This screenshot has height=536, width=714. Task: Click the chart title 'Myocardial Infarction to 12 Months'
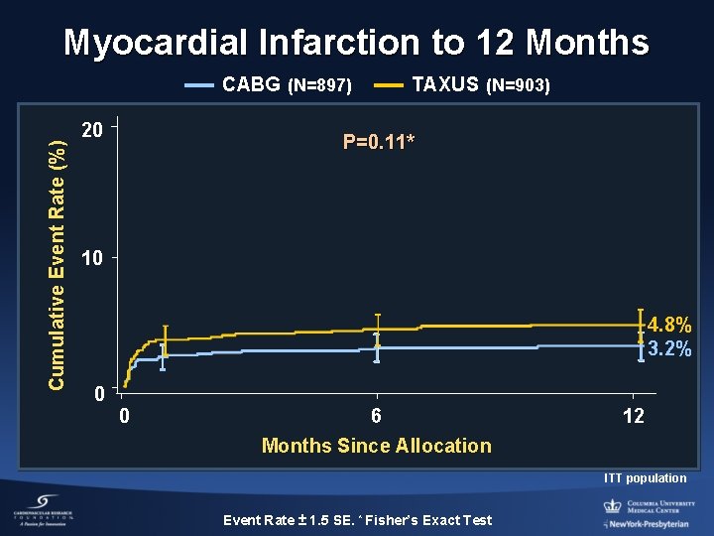356,43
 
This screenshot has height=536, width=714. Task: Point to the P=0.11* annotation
379,142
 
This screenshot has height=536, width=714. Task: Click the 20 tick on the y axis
92,130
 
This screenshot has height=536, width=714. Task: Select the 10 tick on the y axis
92,260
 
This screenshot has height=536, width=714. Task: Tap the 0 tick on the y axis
98,394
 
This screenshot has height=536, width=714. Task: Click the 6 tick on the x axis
376,416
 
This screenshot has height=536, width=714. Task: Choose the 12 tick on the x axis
633,416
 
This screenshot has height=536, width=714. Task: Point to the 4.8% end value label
669,325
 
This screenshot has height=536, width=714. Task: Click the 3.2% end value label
669,349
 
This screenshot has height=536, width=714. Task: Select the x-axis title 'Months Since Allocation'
376,446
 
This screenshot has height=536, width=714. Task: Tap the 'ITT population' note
645,478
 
